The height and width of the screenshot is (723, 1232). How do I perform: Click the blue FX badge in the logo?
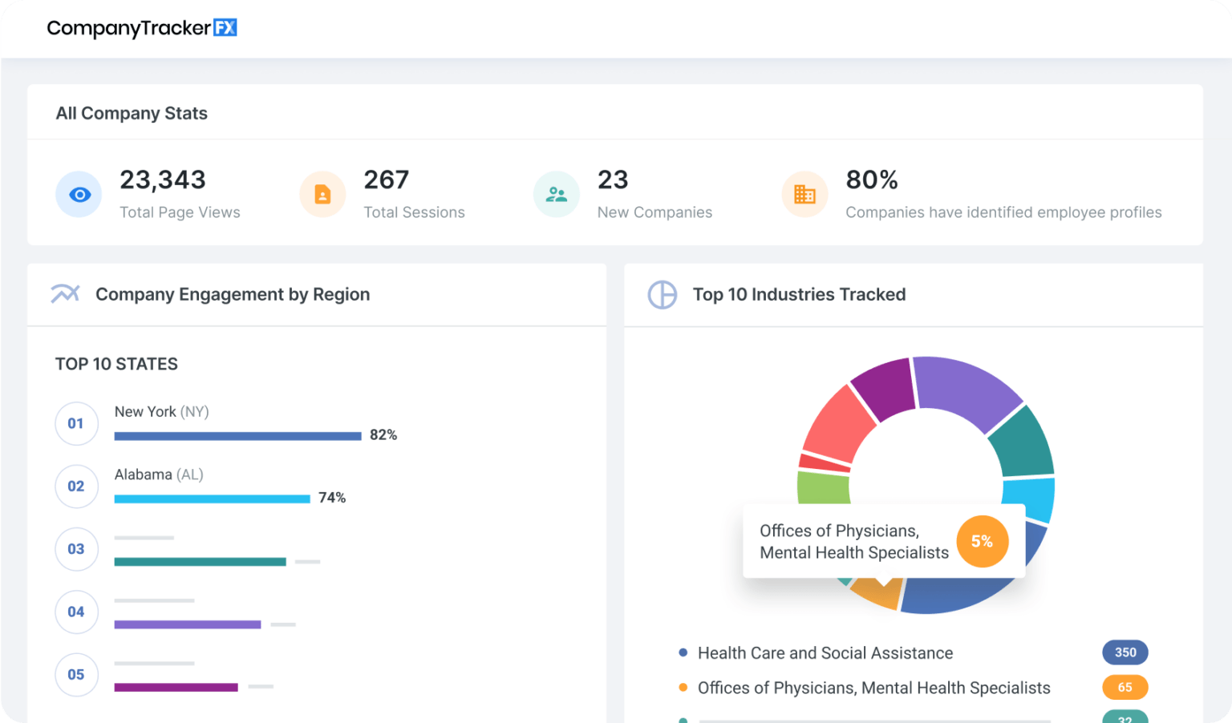(225, 28)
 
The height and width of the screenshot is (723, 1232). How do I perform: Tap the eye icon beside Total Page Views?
(79, 195)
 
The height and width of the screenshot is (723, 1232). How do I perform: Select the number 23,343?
(163, 180)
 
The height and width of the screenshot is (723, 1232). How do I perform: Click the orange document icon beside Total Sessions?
(322, 195)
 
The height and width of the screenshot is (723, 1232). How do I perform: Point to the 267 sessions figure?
(386, 180)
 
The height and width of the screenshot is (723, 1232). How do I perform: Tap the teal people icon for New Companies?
(557, 195)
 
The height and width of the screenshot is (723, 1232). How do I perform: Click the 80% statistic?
(871, 180)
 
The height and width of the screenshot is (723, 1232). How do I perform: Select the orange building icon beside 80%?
(804, 195)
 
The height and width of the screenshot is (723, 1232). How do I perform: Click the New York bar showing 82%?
(237, 436)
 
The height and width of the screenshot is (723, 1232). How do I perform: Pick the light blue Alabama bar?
(212, 499)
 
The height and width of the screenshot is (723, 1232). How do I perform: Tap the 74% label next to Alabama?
(332, 498)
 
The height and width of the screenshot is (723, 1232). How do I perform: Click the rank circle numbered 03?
(76, 549)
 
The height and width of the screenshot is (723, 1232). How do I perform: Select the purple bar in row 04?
(187, 624)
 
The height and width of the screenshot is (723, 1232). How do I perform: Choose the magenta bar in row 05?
(176, 687)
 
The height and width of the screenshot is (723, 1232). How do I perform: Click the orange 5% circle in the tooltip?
(982, 542)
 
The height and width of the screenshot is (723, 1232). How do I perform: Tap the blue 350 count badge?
(1125, 652)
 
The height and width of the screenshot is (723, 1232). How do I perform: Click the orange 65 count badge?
(1125, 688)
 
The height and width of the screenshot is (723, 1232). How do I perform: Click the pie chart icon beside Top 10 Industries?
(663, 295)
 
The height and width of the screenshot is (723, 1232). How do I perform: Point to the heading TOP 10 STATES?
(116, 364)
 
